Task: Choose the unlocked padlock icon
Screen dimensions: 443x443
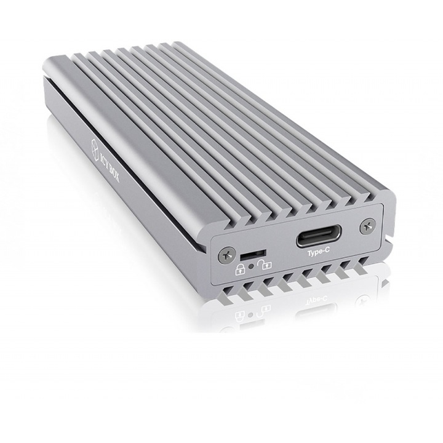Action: point(266,265)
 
